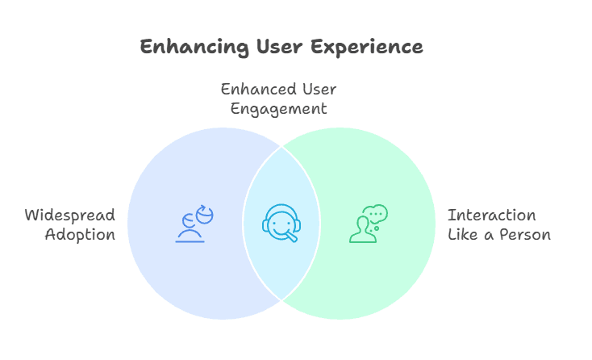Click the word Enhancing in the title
point(194,48)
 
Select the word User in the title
point(279,47)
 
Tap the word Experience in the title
point(367,48)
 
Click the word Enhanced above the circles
point(258,90)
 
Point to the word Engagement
point(278,110)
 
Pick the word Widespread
point(70,216)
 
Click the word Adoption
point(80,235)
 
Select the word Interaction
point(491,216)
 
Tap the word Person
point(525,235)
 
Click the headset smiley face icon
point(281,223)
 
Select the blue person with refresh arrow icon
point(194,224)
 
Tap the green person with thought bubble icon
point(368,224)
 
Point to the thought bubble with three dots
point(375,214)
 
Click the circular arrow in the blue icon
point(205,214)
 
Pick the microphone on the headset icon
point(291,237)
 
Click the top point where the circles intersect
point(281,147)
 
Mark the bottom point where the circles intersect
point(281,300)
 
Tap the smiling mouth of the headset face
point(281,230)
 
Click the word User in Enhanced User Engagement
point(319,90)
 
